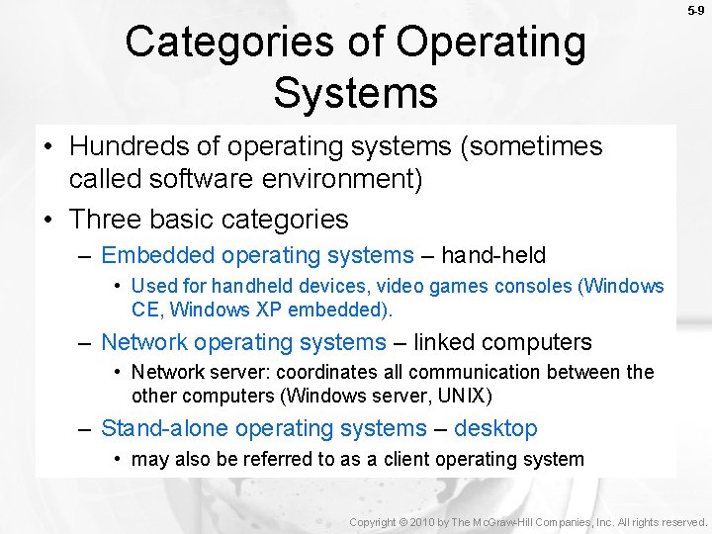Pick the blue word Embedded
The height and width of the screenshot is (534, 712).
point(157,255)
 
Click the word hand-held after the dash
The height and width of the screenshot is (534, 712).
point(493,255)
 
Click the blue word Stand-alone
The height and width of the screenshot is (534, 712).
point(165,428)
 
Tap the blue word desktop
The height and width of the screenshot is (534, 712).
point(495,428)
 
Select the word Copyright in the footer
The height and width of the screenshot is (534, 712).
point(373,522)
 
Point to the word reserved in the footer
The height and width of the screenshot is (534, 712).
point(679,522)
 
